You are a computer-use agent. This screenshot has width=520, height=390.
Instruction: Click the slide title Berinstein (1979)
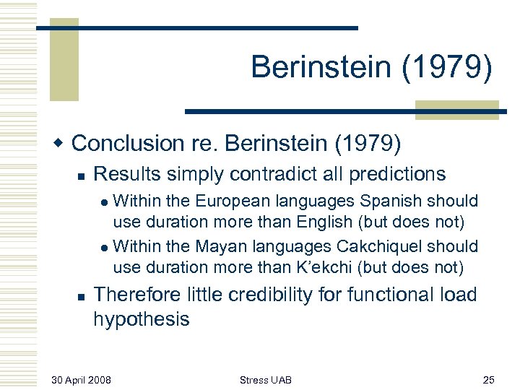(x=372, y=68)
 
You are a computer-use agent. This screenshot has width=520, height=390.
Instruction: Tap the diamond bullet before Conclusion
(x=61, y=143)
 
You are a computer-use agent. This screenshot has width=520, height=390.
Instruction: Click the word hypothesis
(x=142, y=319)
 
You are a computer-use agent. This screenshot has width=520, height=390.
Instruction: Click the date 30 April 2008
(x=81, y=379)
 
